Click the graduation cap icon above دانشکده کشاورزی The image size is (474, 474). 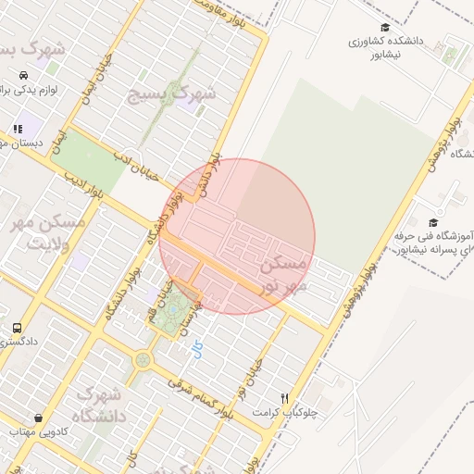(384, 28)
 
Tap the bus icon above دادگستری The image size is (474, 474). (17, 328)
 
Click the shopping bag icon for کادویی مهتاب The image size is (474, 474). (38, 418)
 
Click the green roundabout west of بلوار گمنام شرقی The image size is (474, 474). (142, 360)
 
